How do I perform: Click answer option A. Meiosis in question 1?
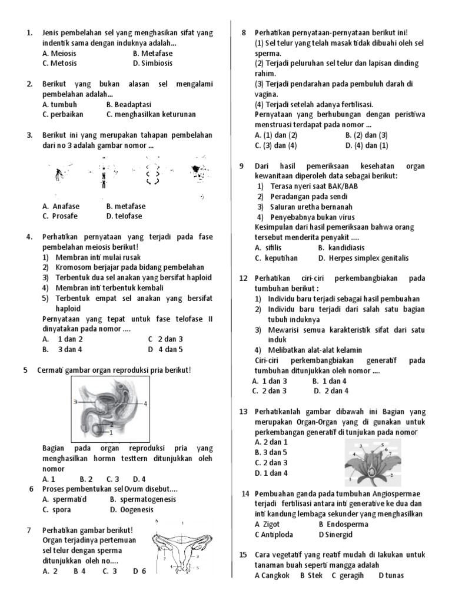pos(59,53)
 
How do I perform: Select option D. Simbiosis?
pos(152,64)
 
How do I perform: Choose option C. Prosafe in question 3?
pos(61,216)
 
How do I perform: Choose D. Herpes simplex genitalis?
pos(363,259)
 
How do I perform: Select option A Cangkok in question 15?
pos(272,575)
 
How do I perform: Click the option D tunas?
pos(391,575)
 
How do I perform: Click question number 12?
pos(243,278)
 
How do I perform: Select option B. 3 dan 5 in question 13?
pos(271,452)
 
